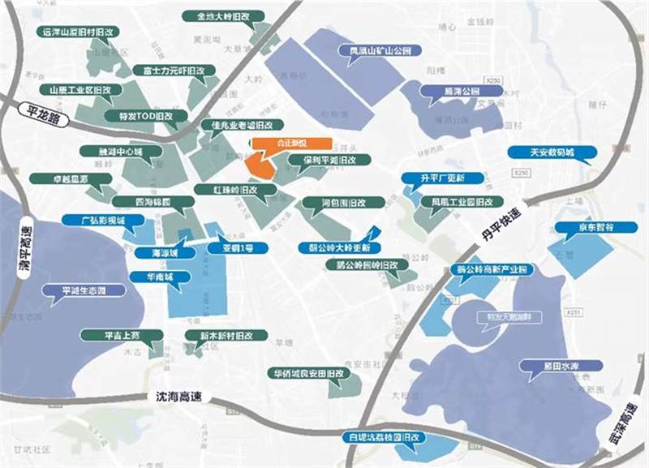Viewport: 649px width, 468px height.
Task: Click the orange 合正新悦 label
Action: click(x=280, y=143)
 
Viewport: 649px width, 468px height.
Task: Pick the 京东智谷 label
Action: click(x=595, y=229)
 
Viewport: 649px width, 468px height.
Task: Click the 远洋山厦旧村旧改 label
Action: click(x=79, y=32)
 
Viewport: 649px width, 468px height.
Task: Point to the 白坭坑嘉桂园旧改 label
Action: click(x=384, y=436)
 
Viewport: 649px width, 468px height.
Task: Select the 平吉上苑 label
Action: click(x=111, y=334)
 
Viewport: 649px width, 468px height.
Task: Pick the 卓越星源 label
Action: click(x=59, y=178)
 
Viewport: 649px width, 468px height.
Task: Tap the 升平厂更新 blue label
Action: click(x=443, y=178)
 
